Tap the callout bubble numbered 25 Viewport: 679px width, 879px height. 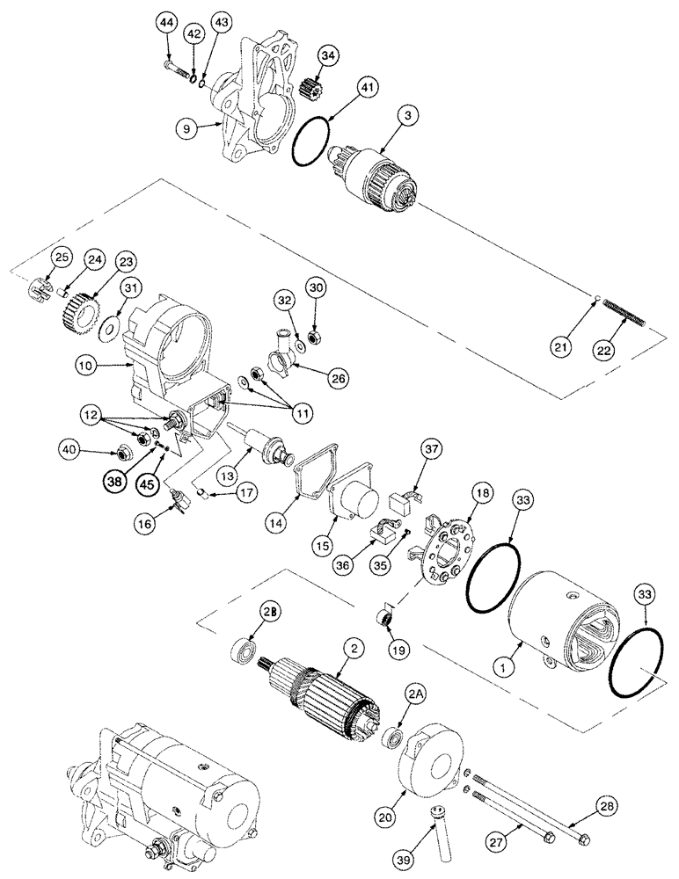[x=60, y=257]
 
